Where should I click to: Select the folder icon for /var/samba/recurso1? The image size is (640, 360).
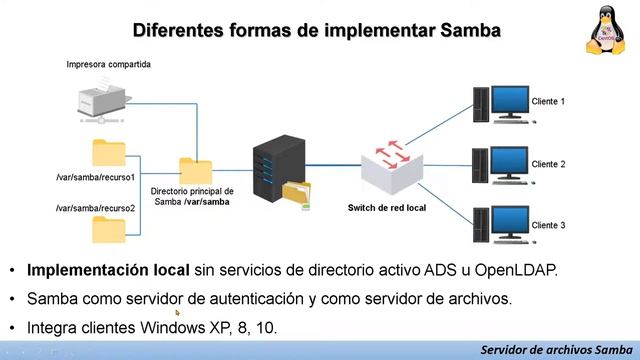point(107,152)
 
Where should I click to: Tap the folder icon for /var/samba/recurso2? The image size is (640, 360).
point(107,230)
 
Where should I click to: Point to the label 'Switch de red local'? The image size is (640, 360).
point(387,208)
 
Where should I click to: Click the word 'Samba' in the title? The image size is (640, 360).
point(470,30)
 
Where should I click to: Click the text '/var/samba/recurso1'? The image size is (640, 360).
point(96,177)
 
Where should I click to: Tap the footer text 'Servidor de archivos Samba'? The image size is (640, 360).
point(555,350)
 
